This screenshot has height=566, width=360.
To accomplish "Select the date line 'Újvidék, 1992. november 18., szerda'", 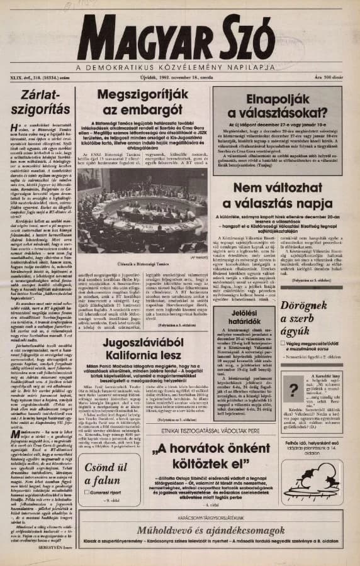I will [x=178, y=79].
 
